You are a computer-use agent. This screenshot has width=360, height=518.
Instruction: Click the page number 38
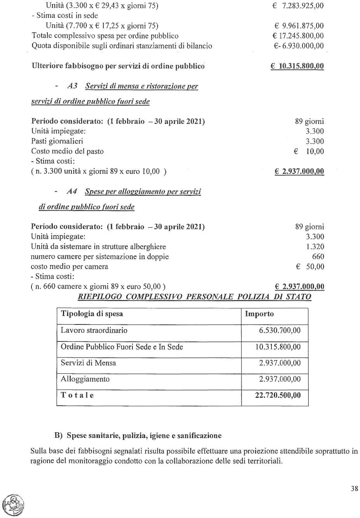pos(354,488)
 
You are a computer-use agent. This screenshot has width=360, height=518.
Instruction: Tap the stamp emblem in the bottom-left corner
pos(13,505)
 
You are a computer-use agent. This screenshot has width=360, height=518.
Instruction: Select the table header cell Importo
pos(259,314)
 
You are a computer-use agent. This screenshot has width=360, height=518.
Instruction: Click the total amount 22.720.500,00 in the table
pos(278,395)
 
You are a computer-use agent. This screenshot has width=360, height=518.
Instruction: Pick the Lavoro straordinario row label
pos(94,330)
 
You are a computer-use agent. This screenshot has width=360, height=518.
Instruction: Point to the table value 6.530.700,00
pos(280,330)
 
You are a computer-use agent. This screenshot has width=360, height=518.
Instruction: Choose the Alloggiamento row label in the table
pos(85,379)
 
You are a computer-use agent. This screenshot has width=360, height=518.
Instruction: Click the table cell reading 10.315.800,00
pos(278,347)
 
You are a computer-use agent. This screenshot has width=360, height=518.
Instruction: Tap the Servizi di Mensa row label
pos(88,363)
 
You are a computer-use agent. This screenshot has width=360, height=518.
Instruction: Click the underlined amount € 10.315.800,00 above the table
pos(297,66)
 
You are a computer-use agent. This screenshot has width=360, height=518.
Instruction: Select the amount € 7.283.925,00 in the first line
pos(298,6)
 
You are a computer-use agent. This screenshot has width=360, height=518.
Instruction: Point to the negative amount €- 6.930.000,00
pos(298,46)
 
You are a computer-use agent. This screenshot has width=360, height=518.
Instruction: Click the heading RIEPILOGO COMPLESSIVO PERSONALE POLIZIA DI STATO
pos(195,297)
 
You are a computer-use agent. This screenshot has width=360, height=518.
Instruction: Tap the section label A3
pos(72,86)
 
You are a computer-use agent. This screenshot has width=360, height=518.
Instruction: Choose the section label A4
pos(72,191)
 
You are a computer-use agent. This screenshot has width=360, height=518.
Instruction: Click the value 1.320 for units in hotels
pos(315,247)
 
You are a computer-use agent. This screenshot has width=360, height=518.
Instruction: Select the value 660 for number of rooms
pos(318,256)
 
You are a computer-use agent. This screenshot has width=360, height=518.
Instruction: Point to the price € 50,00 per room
pos(310,267)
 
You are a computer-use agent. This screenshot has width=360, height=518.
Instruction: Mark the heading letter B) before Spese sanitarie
pos(59,436)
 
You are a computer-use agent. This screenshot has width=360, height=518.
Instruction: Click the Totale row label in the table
pos(77,395)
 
